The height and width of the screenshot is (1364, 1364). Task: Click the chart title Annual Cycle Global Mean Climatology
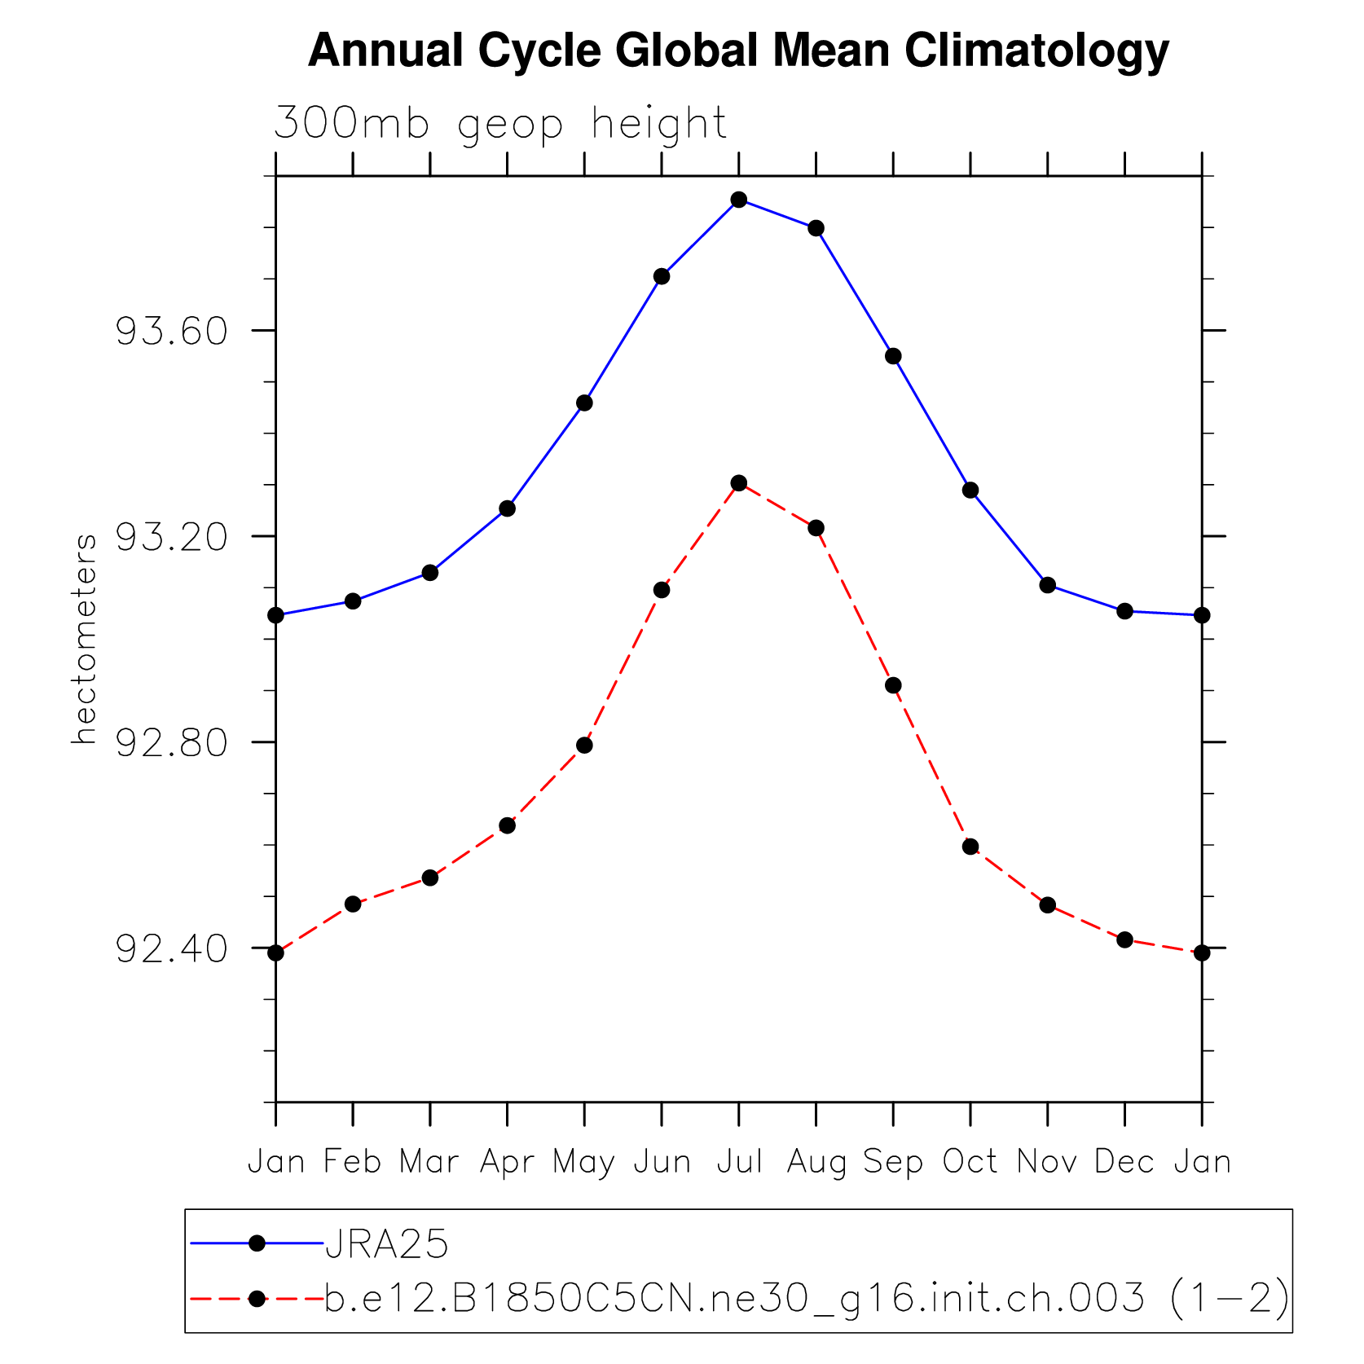pos(738,51)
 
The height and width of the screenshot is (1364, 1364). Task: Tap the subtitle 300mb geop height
pos(499,125)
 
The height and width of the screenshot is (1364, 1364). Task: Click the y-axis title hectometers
pos(84,639)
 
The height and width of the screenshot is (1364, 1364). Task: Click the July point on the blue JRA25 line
pos(739,200)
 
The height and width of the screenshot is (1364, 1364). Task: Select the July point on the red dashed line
pos(739,483)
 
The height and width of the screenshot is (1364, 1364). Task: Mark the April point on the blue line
pos(507,508)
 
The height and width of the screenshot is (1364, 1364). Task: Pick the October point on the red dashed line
pos(970,847)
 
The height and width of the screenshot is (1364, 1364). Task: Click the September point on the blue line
pos(893,356)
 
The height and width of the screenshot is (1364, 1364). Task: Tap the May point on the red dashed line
pos(584,746)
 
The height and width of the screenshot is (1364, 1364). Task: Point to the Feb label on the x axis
pos(353,1162)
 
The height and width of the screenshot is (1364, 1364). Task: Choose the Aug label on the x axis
pos(816,1162)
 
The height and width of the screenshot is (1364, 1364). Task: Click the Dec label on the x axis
pos(1124,1162)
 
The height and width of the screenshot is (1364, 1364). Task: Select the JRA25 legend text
pos(387,1244)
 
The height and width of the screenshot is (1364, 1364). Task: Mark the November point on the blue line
pos(1048,585)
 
